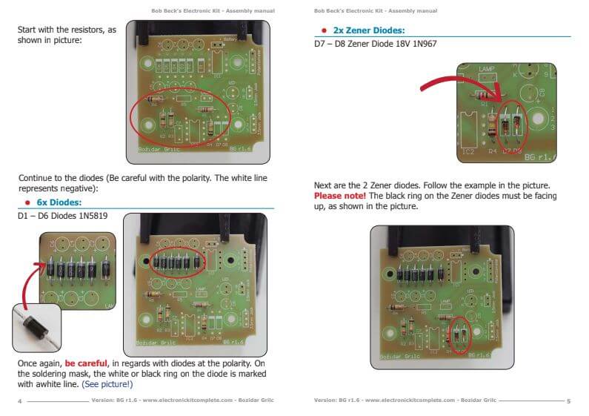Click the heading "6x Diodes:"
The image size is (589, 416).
click(x=59, y=202)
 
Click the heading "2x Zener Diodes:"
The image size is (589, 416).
click(x=364, y=30)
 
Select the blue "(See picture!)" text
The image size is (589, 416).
click(x=107, y=384)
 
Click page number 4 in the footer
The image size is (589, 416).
click(x=19, y=401)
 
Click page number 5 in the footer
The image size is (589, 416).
click(x=568, y=401)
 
